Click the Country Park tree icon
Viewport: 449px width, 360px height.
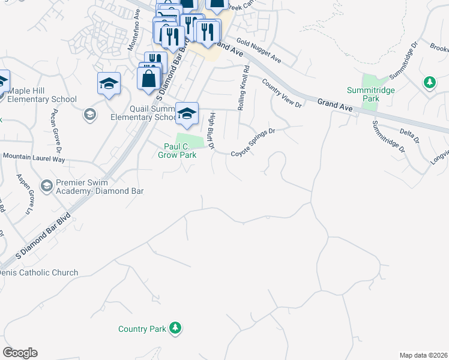(175, 328)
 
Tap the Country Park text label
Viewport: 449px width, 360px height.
(141, 329)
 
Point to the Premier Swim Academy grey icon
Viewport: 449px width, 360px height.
(46, 186)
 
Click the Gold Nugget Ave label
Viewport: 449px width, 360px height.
(259, 51)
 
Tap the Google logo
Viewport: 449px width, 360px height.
(20, 353)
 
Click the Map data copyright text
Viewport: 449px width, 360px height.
(424, 355)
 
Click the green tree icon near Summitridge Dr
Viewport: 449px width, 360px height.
(429, 82)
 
